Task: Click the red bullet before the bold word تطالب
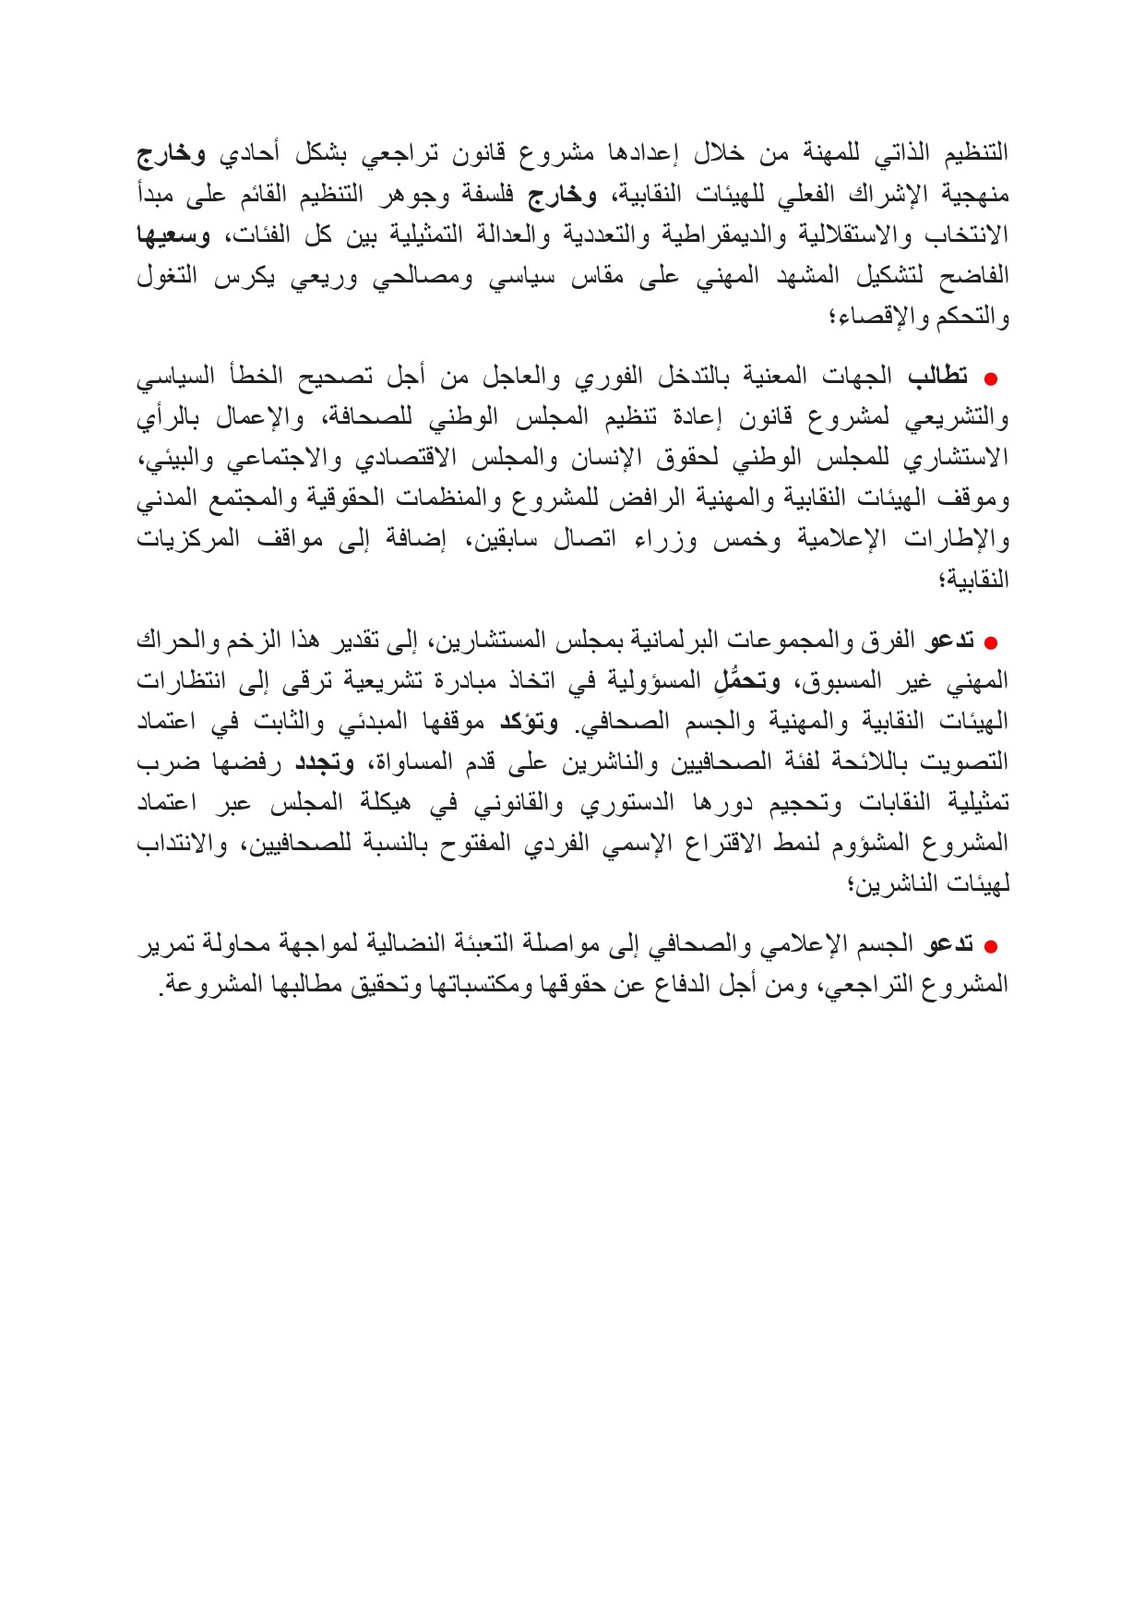coord(992,378)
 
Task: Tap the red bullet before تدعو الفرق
coord(992,642)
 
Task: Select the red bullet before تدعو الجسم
coord(992,946)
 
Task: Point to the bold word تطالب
coord(938,377)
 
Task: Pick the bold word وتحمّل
coord(748,682)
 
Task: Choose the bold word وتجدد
coord(324,762)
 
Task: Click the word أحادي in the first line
coord(247,154)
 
